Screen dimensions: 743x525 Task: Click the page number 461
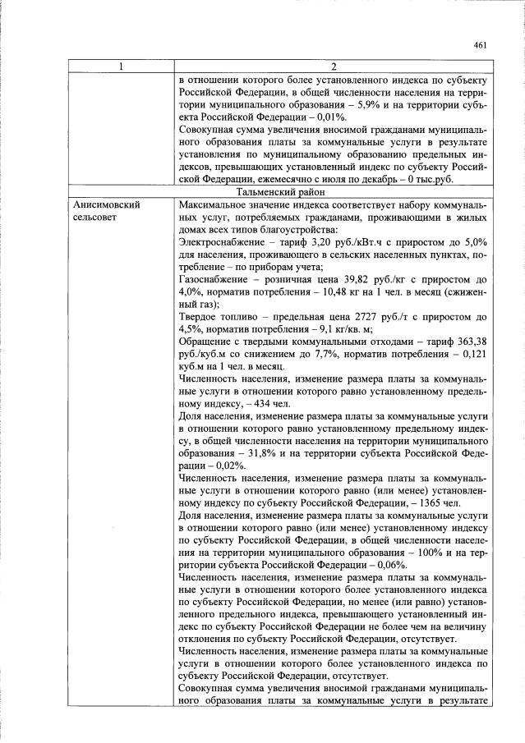pyautogui.click(x=481, y=45)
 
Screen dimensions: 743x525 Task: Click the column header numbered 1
pyautogui.click(x=120, y=66)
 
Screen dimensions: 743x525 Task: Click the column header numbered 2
pyautogui.click(x=334, y=66)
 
